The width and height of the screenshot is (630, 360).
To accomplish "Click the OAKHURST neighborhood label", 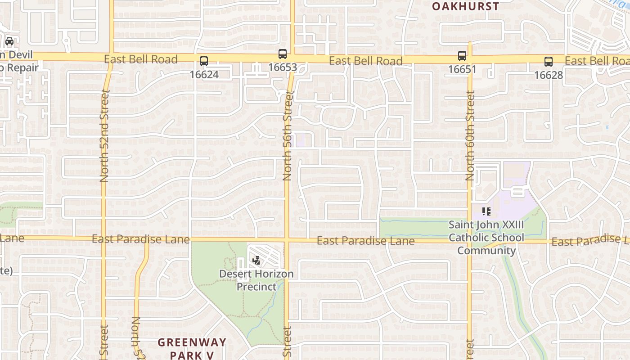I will click(x=465, y=6).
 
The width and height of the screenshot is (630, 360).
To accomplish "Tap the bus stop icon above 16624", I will click(x=204, y=61).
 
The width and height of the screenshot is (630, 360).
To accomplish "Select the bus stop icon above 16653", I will click(x=283, y=54).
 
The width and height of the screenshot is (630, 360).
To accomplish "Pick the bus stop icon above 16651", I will click(x=462, y=56).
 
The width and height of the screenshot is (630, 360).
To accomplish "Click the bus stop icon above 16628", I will click(x=548, y=62).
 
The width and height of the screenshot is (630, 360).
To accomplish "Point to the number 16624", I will click(x=204, y=74).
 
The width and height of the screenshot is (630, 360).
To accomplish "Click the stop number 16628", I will click(x=548, y=75).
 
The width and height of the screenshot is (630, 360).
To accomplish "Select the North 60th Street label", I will click(x=470, y=136).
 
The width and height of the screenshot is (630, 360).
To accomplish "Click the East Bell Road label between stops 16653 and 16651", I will click(x=365, y=61).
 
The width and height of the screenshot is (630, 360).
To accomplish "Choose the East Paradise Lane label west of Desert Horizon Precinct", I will click(x=140, y=239).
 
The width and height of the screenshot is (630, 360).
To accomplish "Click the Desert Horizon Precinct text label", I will click(x=256, y=280).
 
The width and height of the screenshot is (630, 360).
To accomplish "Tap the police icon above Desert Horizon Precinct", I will click(x=256, y=260).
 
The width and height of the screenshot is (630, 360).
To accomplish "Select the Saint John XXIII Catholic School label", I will click(x=486, y=237).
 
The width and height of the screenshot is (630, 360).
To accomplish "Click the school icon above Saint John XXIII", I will click(x=486, y=211).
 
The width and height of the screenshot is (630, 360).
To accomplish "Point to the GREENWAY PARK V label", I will click(x=192, y=348).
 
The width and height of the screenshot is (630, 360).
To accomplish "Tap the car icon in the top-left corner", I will click(x=9, y=41).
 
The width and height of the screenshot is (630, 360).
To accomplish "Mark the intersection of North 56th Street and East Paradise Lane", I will click(x=287, y=239).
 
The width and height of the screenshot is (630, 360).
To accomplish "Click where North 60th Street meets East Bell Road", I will click(x=470, y=59).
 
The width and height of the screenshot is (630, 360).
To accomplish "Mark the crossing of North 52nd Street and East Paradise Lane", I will click(x=103, y=238).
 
